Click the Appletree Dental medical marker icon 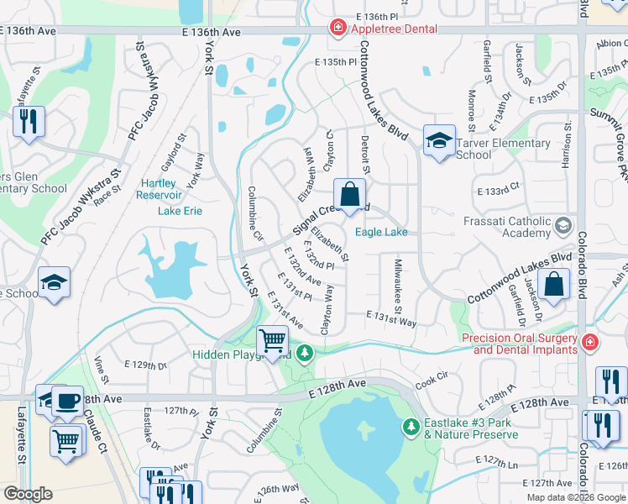(x=338, y=28)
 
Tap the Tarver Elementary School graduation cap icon (x=439, y=142)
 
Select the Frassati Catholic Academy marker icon (x=563, y=225)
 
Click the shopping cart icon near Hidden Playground (x=273, y=340)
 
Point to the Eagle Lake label (x=381, y=232)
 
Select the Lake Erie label (x=180, y=210)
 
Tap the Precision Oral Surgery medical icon (x=589, y=343)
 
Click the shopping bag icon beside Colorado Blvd (x=554, y=285)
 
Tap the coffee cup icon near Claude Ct (x=66, y=402)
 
